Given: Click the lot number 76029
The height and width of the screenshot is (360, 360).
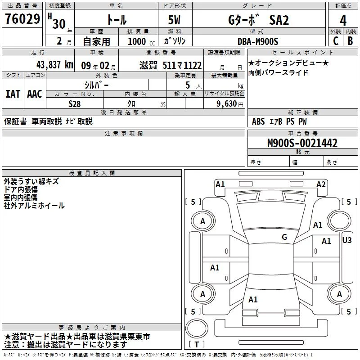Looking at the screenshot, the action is click(22, 19).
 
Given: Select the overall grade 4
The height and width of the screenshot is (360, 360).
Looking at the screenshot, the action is click(343, 21).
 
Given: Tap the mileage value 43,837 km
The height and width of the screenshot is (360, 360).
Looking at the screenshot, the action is click(55, 65).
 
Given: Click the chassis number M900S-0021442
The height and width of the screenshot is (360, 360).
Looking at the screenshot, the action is click(302, 143).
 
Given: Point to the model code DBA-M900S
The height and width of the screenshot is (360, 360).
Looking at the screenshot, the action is click(258, 41).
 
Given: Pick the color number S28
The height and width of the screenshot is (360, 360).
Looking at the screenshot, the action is click(75, 104).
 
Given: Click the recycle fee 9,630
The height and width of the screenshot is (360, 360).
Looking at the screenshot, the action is click(227, 104).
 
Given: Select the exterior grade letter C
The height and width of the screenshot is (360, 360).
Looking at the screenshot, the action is click(336, 41).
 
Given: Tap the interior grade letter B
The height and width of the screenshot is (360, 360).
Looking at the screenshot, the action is click(351, 41).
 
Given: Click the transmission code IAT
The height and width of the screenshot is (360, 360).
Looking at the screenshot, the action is click(13, 94).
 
